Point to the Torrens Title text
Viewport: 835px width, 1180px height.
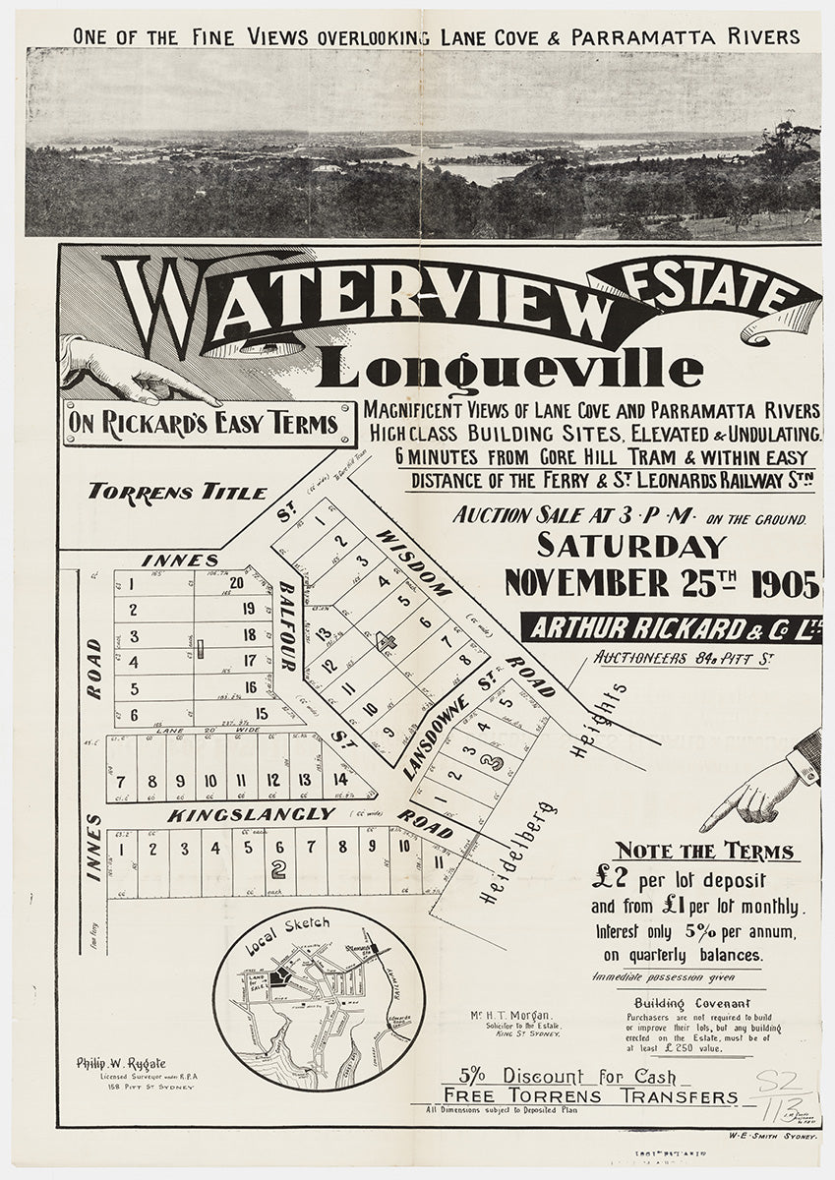point(176,492)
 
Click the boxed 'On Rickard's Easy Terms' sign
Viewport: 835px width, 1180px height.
point(209,425)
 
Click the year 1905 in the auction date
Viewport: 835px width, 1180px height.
point(783,583)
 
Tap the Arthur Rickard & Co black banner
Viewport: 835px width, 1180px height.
point(671,627)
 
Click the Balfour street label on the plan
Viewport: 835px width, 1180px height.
point(287,625)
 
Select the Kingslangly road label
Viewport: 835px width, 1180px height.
point(238,815)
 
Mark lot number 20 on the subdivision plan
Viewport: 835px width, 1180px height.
point(236,582)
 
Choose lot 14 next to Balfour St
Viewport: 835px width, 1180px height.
point(340,779)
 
